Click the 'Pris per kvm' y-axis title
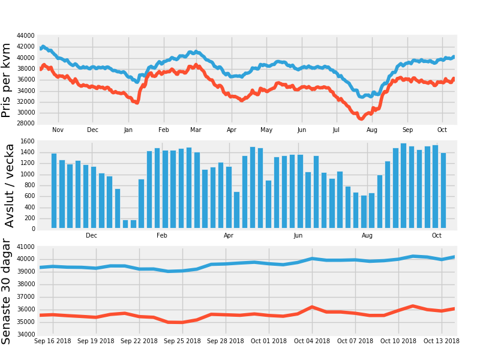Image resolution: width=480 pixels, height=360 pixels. pos(6,80)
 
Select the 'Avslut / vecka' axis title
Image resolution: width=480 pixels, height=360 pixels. pos(9,185)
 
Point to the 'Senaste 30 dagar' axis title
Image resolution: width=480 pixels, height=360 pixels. pos(6,292)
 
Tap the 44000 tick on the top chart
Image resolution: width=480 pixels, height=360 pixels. pos(26,36)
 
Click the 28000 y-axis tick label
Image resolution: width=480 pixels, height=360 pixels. pos(26,124)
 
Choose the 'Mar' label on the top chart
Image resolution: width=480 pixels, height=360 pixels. pos(196,130)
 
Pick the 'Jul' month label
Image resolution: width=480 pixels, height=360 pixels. pos(336,130)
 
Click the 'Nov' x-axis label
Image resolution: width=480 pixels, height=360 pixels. pos(58,130)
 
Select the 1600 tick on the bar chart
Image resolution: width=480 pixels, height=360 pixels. pos(28,141)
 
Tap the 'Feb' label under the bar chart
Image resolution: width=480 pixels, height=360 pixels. pos(162,235)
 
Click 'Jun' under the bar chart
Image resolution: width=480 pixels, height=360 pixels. pos(298,235)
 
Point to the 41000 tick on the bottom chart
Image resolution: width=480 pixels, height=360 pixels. pos(26,247)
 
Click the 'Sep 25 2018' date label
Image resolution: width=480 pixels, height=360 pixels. pos(182,341)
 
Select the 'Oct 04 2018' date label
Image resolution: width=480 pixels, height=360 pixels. pos(312,341)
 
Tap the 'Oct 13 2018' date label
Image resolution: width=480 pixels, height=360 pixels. pos(442,341)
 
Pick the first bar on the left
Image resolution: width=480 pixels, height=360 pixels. pos(54,191)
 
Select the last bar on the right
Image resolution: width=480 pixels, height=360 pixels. pos(443,190)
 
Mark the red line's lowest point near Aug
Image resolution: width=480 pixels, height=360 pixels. pos(362,118)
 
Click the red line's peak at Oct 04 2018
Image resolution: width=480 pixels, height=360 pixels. pos(312,307)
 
